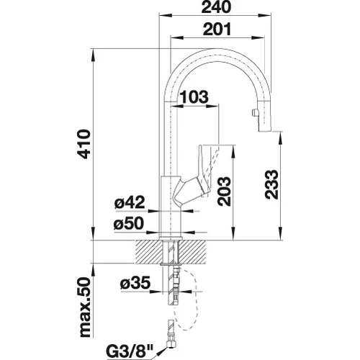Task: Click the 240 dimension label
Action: coord(216,7)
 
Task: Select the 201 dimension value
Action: coord(217,30)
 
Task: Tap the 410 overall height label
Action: coord(84,144)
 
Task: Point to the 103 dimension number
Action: coord(194,97)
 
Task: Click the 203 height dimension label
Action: coord(224,192)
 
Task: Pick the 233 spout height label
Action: coord(271,184)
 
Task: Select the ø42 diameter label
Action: coord(130,202)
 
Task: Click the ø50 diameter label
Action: coord(129,224)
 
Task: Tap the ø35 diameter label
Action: coord(135,284)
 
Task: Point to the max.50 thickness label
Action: coord(84,308)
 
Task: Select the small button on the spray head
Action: coord(253,112)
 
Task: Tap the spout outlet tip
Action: coord(265,130)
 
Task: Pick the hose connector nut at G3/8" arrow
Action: coord(171,344)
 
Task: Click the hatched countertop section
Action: coord(171,252)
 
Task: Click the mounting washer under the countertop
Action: coord(171,264)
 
